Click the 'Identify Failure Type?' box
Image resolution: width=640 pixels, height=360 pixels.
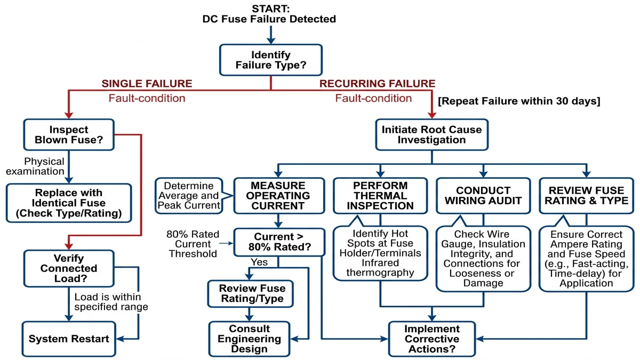[271, 60]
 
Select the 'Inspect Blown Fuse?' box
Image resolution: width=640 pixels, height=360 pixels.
[69, 134]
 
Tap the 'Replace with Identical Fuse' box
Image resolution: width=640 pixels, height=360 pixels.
[69, 203]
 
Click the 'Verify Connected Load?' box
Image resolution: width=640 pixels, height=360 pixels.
[69, 268]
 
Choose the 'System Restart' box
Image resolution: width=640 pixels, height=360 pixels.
[69, 339]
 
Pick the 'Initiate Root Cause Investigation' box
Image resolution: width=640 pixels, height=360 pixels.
[431, 134]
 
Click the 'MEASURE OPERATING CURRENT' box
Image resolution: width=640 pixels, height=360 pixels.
[278, 195]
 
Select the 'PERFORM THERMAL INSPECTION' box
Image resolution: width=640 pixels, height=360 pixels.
[380, 195]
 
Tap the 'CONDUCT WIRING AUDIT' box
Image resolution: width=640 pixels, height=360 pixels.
[483, 195]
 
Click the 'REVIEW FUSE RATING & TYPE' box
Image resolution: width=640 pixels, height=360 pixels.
[587, 195]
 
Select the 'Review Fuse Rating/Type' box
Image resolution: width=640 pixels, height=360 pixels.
[250, 293]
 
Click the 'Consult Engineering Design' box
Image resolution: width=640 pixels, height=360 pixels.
[250, 339]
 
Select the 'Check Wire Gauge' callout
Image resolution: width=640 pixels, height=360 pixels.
[483, 259]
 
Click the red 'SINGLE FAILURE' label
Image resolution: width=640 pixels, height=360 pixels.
[147, 84]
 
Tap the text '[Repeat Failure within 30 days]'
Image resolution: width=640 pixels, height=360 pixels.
[519, 101]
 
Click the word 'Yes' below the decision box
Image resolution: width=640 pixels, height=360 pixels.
[259, 262]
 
